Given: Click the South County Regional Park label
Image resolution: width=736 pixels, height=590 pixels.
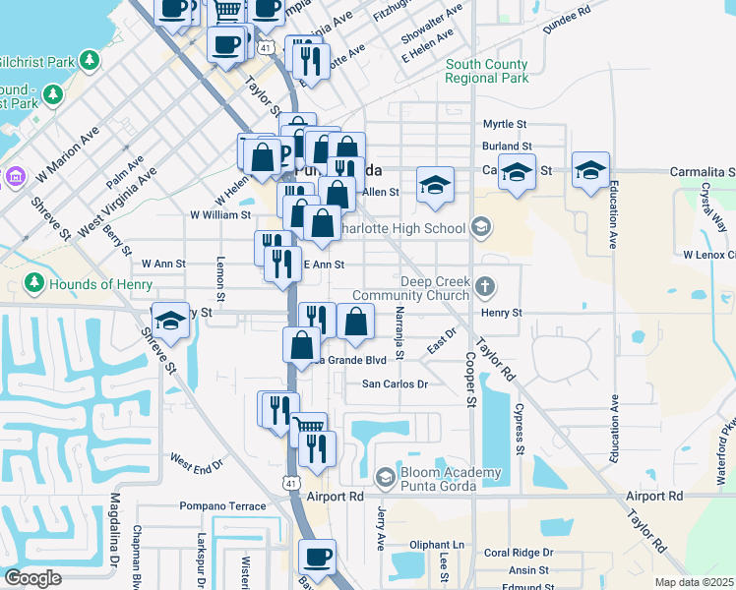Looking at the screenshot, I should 486,72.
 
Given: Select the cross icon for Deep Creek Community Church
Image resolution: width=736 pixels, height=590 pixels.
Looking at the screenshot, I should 483,287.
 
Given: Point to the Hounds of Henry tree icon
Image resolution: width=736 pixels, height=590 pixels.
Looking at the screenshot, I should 33,284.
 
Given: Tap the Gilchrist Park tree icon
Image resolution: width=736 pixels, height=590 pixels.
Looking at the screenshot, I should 91,61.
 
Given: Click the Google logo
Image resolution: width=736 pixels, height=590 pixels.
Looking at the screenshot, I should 32,578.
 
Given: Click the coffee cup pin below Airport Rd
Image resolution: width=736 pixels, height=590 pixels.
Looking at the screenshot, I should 317,556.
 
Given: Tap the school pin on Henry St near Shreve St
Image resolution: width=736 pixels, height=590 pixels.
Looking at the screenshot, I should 170,321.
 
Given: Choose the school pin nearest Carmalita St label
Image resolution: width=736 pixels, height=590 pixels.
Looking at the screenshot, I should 590,171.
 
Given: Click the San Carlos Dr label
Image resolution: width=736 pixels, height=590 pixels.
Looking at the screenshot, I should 396,384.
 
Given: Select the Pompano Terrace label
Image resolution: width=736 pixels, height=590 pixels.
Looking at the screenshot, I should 222,506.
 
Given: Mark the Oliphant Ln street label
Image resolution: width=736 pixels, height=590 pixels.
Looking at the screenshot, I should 437,545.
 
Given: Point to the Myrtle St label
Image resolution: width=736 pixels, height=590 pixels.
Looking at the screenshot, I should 505,125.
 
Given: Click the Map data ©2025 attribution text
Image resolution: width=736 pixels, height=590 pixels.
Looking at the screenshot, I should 694,582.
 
